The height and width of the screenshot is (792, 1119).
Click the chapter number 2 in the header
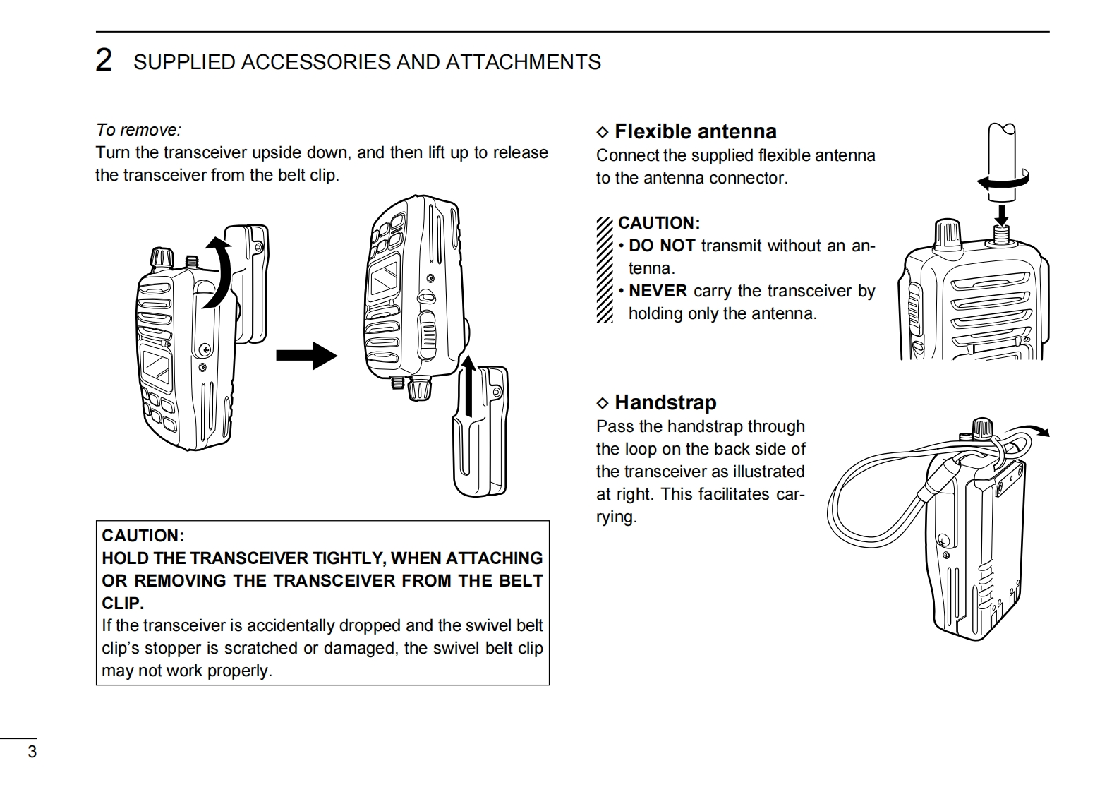pos(104,61)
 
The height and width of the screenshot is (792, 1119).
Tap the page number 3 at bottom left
pos(32,752)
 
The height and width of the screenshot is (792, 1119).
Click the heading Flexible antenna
pos(695,131)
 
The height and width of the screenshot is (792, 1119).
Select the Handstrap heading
pos(665,402)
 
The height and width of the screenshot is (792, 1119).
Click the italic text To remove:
pos(138,130)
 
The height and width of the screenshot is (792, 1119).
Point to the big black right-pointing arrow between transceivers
pos(306,354)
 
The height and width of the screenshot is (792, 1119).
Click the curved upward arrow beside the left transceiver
pos(218,272)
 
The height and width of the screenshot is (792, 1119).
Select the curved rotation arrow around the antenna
pos(1003,181)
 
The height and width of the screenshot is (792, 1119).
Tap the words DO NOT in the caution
pos(662,246)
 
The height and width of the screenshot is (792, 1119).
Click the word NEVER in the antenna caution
pos(658,291)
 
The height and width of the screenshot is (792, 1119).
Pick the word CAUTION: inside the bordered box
pos(143,536)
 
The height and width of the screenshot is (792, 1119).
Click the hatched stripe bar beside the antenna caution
pos(605,269)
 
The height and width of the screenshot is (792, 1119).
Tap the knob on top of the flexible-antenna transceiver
pos(948,234)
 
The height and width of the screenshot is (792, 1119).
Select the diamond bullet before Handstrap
pos(602,403)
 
